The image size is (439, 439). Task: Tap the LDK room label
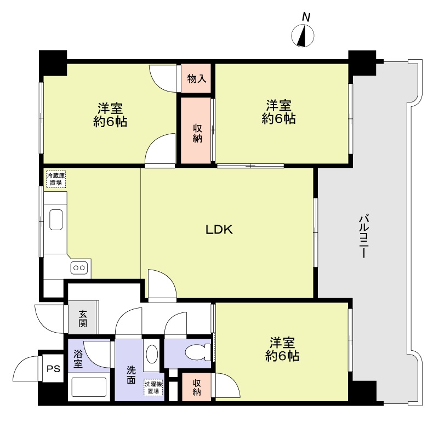click(219, 230)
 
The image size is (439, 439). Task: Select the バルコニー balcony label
click(363, 236)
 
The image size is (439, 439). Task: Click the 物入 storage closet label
click(197, 79)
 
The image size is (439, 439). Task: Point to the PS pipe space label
click(54, 368)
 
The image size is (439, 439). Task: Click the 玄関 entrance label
click(83, 318)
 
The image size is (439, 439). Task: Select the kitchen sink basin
click(56, 219)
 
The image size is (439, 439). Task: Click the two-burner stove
click(79, 268)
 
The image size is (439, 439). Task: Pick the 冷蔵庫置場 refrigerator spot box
click(56, 179)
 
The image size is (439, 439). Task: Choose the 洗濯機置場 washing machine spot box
click(153, 387)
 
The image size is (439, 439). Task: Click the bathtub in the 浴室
click(89, 387)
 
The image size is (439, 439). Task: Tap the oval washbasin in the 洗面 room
click(152, 354)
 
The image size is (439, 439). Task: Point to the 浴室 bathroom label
click(78, 358)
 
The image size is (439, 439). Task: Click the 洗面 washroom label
click(131, 375)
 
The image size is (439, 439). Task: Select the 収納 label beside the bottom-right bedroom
click(197, 387)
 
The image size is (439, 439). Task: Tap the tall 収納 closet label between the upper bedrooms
click(197, 133)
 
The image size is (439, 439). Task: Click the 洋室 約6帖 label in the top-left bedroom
click(110, 115)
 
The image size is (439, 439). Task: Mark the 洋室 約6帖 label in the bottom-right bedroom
click(282, 350)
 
